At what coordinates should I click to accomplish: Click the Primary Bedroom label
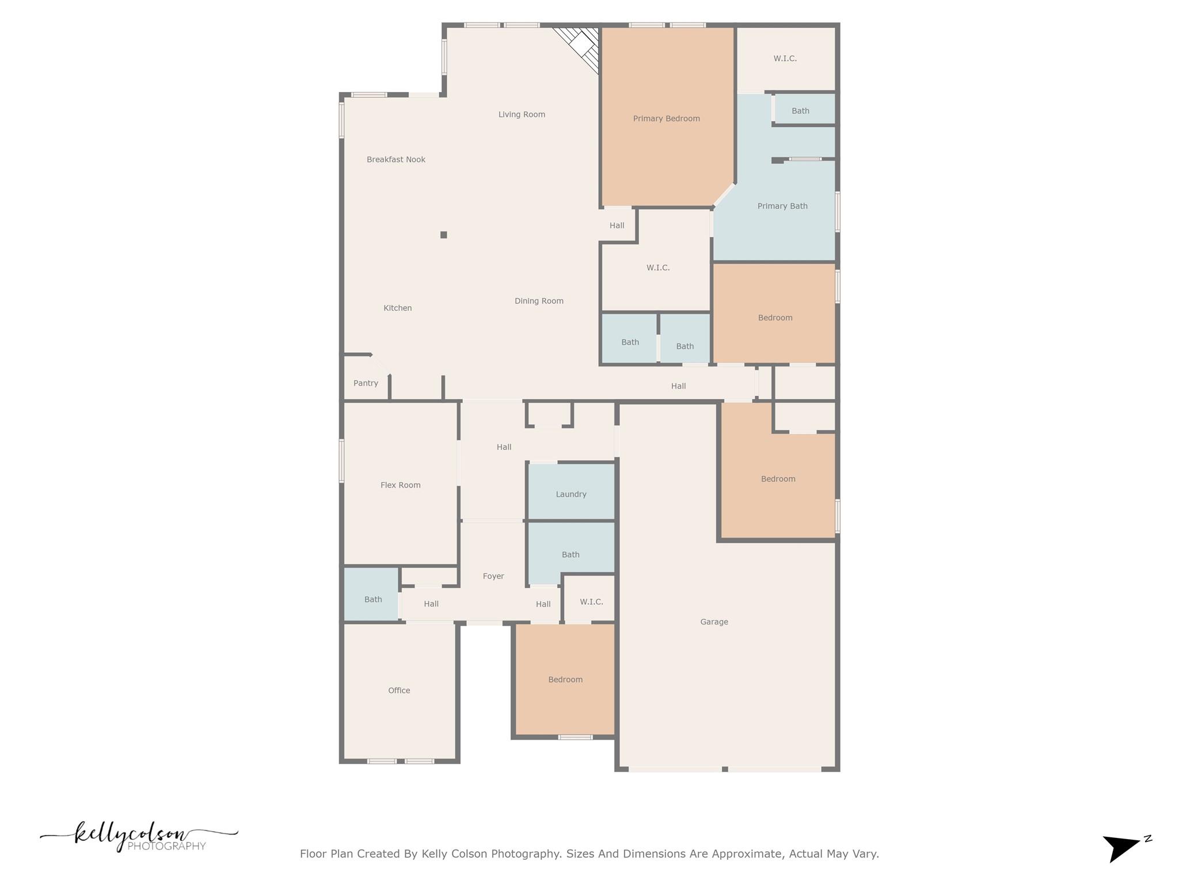coord(666,119)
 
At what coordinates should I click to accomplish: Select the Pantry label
coord(366,383)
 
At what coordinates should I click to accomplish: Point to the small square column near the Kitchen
coord(443,235)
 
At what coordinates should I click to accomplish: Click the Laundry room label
coord(571,494)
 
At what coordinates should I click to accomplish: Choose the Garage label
coord(714,622)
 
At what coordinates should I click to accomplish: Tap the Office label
coord(399,691)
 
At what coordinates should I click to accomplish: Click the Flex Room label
coord(400,485)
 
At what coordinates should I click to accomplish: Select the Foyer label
coord(493,576)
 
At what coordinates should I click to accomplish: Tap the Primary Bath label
coord(782,206)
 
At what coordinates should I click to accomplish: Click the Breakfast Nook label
coord(395,159)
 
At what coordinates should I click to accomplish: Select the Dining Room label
coord(539,301)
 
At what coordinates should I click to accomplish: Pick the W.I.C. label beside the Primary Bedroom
coord(785,59)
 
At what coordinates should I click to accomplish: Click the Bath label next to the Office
coord(373,600)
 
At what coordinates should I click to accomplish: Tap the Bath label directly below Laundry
coord(571,555)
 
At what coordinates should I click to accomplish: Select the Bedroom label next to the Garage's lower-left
coord(565,680)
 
